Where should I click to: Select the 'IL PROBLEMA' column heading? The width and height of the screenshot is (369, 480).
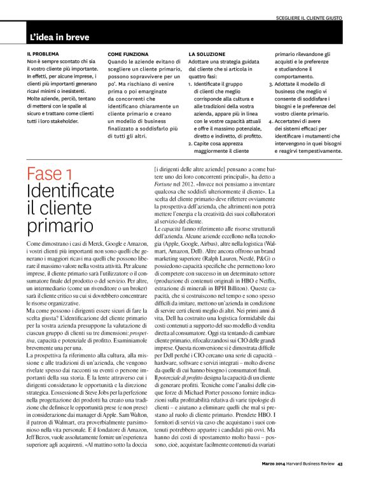[43, 54]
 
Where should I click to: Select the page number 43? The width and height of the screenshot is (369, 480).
[340, 463]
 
